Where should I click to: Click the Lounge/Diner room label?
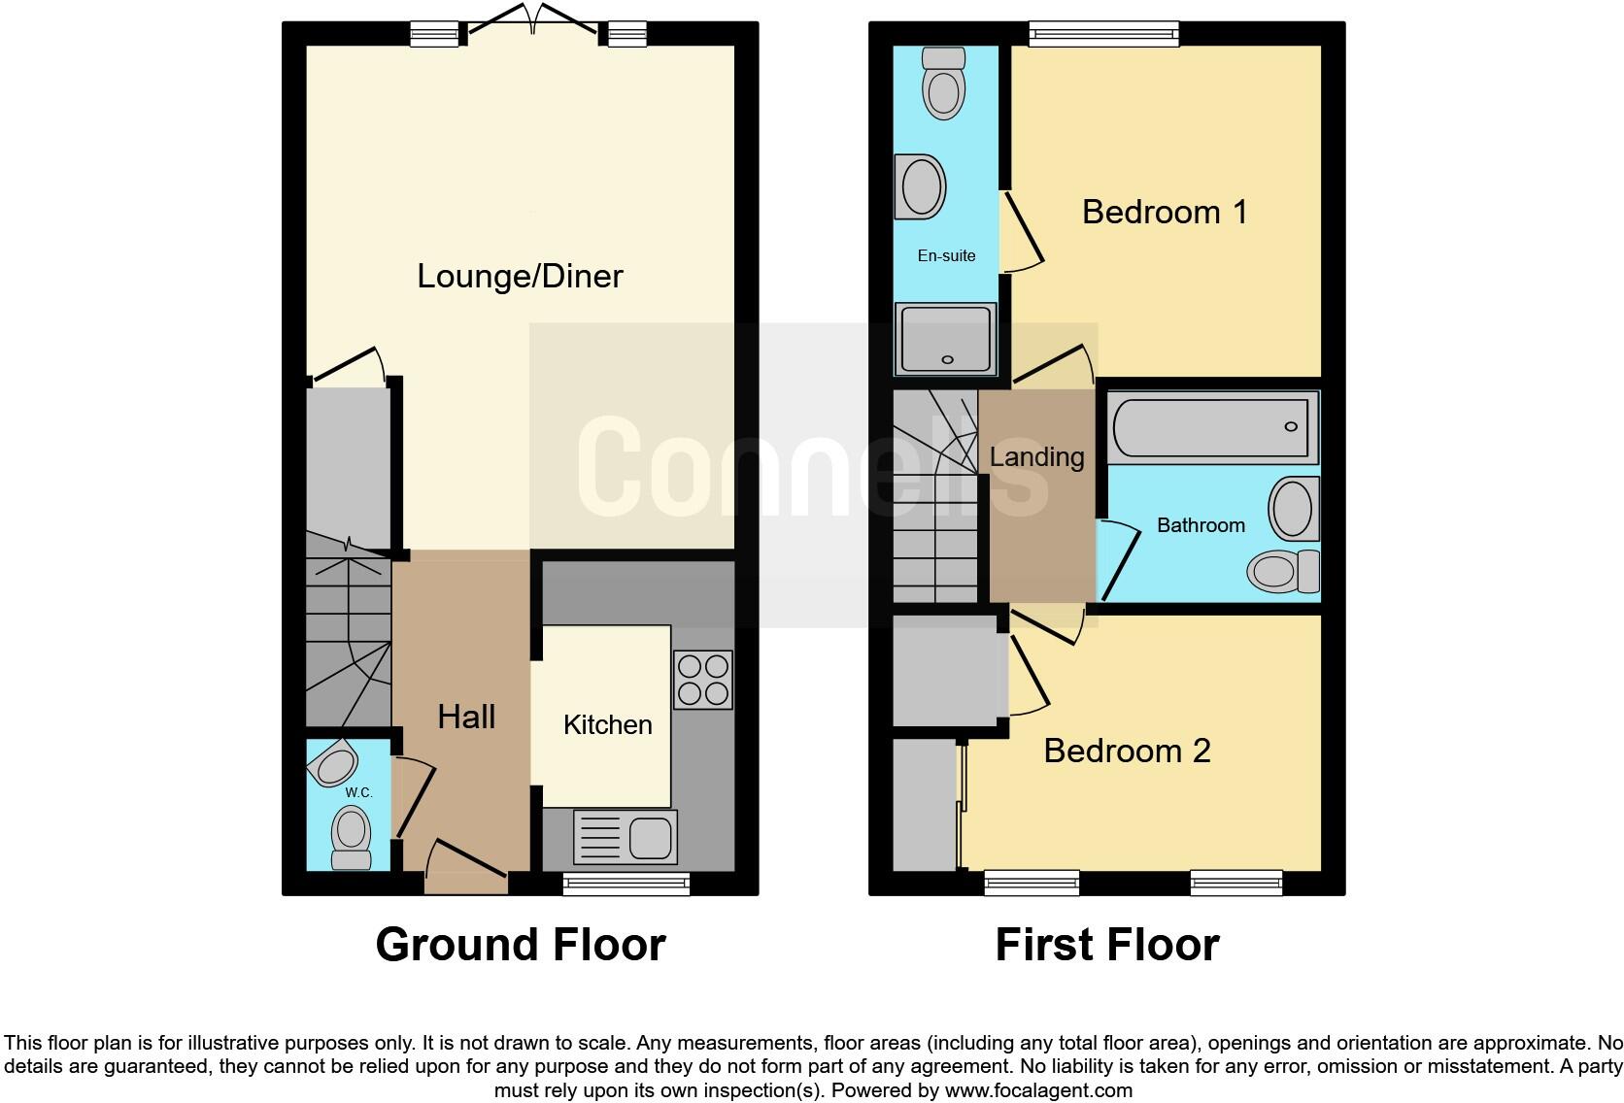point(520,277)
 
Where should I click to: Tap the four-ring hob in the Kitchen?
point(702,680)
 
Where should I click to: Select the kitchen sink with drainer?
point(626,836)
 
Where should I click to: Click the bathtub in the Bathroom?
point(1210,427)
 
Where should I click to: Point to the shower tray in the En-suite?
point(945,339)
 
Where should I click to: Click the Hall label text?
point(466,718)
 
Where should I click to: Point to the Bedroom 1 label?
point(1164,212)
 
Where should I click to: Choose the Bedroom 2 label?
point(1127,751)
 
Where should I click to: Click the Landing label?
point(1036,457)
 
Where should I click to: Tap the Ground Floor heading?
point(520,945)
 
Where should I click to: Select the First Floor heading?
point(1106,945)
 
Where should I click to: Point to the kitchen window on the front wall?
point(626,883)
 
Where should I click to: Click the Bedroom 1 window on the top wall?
point(1104,34)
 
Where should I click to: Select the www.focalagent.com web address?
point(1037,1090)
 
